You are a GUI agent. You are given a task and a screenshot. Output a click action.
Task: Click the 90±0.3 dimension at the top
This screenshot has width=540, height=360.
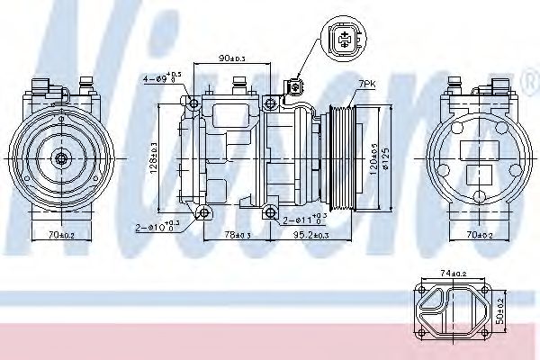(x=231, y=59)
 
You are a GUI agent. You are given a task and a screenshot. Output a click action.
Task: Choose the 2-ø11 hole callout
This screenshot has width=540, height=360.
(x=301, y=219)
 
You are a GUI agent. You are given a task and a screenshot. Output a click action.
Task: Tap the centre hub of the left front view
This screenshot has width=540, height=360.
(x=60, y=158)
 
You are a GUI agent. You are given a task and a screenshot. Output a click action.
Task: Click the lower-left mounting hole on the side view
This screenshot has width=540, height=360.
(x=204, y=212)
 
